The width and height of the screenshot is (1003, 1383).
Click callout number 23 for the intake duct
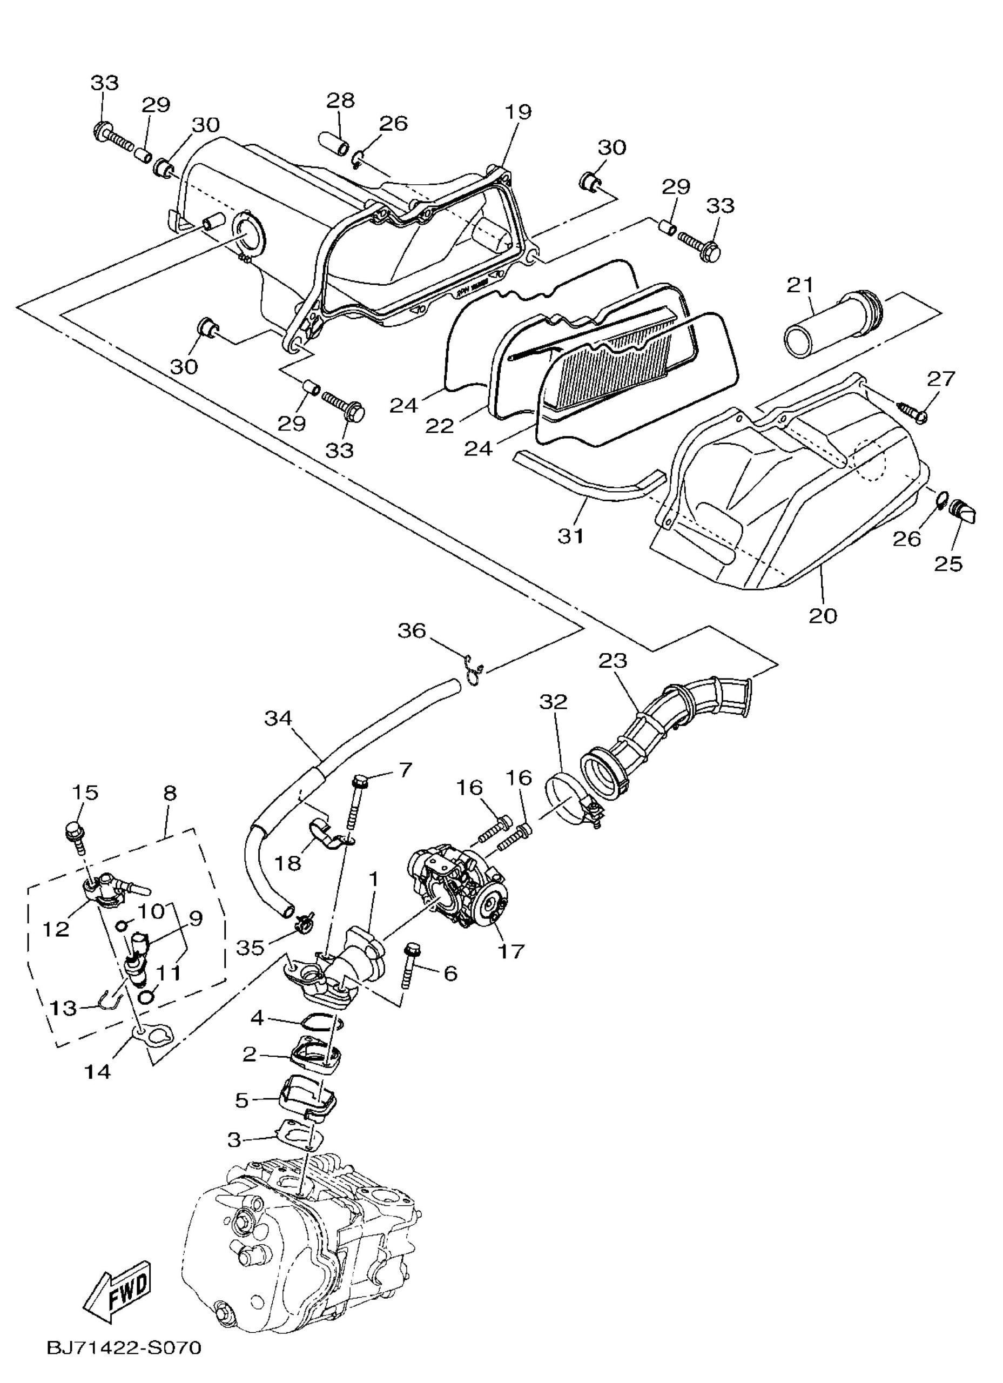click(613, 660)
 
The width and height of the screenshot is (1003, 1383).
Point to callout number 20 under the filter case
click(823, 615)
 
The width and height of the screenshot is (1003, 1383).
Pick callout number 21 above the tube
click(800, 284)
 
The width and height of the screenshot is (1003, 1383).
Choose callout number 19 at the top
click(517, 112)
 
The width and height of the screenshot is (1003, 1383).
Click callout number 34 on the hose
click(279, 719)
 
